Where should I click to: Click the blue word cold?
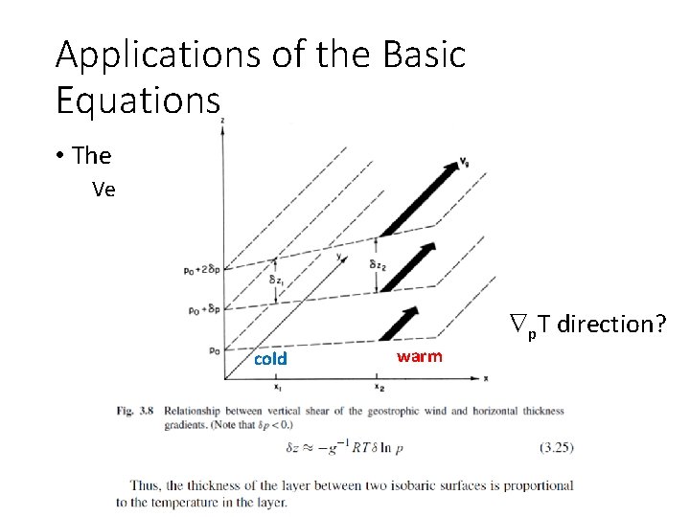(x=269, y=359)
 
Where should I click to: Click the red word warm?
(x=420, y=356)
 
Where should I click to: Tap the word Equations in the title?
(x=138, y=99)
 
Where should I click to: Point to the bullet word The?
(x=91, y=155)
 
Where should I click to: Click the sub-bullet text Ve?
(x=104, y=189)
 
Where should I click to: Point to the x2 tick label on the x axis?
(x=379, y=388)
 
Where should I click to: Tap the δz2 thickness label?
(x=379, y=263)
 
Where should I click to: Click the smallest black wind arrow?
(x=401, y=321)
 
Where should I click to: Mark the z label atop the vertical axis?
(x=223, y=122)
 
